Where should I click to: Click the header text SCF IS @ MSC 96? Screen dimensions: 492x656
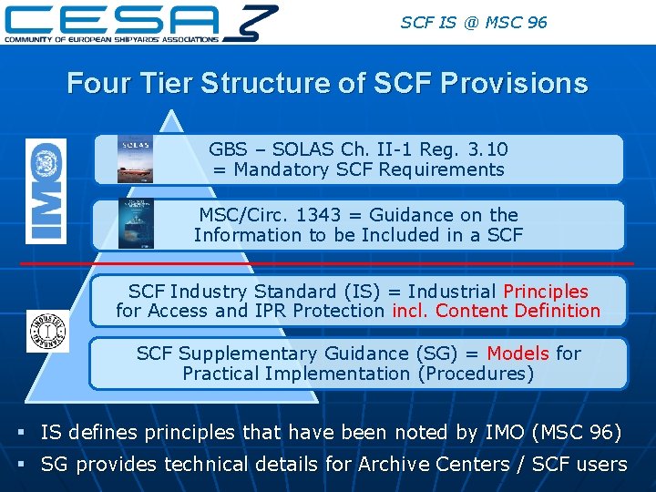(474, 21)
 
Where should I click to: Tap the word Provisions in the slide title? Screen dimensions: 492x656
(514, 84)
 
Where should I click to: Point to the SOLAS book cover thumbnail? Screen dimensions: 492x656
(135, 159)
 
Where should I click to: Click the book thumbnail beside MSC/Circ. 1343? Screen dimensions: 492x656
(136, 224)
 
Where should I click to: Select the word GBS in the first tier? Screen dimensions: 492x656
(227, 149)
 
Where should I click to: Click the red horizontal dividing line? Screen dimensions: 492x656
(328, 263)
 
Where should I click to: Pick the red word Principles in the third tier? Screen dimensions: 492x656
(546, 292)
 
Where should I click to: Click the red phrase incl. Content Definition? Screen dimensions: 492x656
(497, 311)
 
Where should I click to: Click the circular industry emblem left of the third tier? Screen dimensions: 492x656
(47, 330)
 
